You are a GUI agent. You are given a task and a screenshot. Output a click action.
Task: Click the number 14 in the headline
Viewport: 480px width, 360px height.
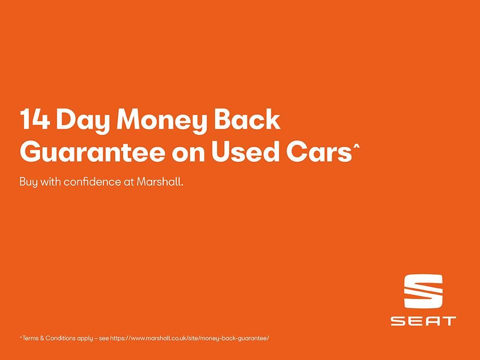click(x=34, y=119)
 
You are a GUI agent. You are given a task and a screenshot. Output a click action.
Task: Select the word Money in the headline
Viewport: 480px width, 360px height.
click(x=161, y=122)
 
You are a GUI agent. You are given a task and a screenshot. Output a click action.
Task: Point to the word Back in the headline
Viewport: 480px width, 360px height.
click(x=246, y=119)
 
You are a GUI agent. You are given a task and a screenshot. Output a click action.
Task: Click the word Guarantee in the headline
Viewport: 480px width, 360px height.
click(x=92, y=152)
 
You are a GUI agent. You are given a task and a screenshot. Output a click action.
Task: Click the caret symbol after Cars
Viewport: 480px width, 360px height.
click(x=356, y=147)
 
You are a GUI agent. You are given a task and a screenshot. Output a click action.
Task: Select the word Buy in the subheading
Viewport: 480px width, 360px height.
click(x=28, y=182)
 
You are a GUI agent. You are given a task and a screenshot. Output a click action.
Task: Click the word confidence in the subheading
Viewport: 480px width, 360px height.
click(x=92, y=181)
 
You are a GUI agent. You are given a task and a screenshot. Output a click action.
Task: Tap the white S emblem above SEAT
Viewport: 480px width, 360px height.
click(x=423, y=291)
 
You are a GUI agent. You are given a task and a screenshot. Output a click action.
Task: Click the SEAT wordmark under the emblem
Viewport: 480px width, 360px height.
click(x=423, y=321)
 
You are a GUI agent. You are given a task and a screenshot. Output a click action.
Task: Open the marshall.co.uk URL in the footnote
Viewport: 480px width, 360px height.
click(x=190, y=338)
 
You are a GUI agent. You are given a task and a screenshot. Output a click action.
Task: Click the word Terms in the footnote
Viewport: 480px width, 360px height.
click(x=30, y=338)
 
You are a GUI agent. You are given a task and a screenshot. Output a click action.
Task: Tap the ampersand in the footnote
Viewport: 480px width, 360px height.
click(x=42, y=338)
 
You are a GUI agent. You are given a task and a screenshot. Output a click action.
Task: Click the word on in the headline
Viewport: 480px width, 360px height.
click(x=188, y=154)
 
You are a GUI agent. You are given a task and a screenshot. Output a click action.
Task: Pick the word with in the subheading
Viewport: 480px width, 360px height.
click(x=50, y=181)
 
